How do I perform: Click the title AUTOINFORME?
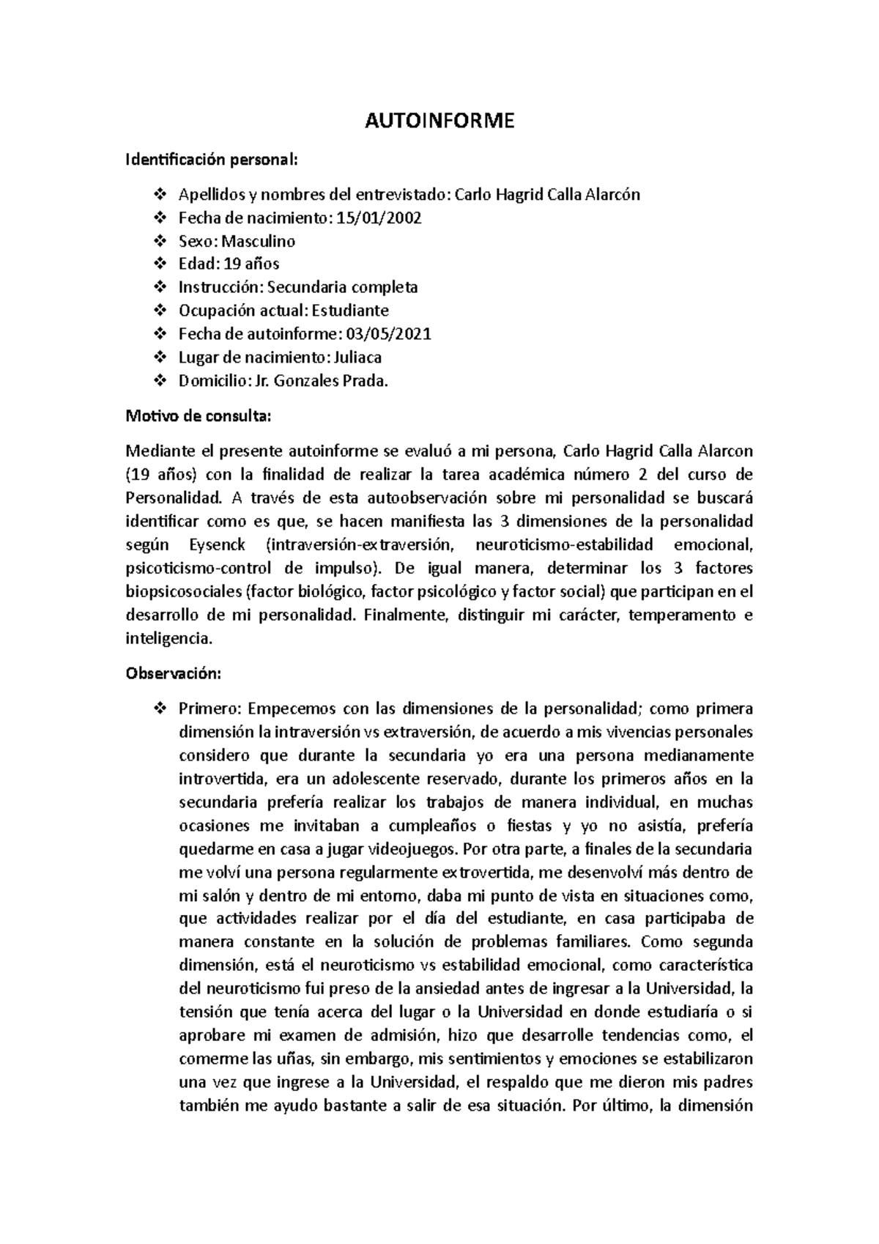439,121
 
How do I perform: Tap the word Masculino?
259,241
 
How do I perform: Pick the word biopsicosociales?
184,591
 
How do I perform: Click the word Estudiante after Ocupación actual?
350,311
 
